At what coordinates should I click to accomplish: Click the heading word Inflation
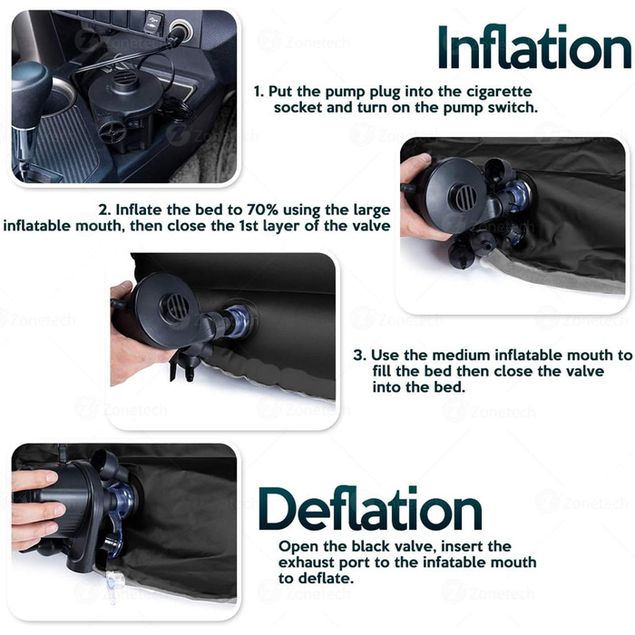click(534, 47)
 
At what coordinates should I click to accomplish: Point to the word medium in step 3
click(461, 356)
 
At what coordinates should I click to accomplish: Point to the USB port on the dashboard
click(154, 20)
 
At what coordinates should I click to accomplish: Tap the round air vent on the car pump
click(125, 78)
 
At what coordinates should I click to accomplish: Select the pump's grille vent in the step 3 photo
click(176, 307)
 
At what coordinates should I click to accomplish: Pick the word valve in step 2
click(371, 226)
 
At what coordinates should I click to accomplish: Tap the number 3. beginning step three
click(359, 356)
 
